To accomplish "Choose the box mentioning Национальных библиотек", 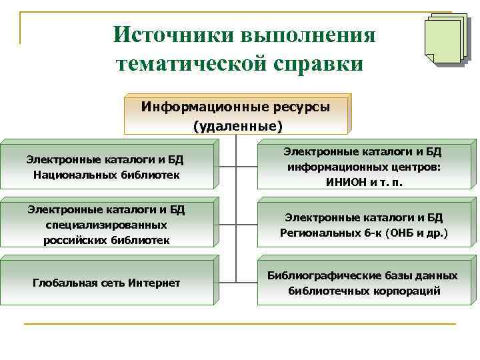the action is pos(105,167).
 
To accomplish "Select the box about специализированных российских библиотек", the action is pos(105,225).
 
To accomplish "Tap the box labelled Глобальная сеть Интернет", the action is pos(105,283).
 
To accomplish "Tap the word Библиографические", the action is pos(319,275).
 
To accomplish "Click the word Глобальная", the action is pos(60,283).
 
